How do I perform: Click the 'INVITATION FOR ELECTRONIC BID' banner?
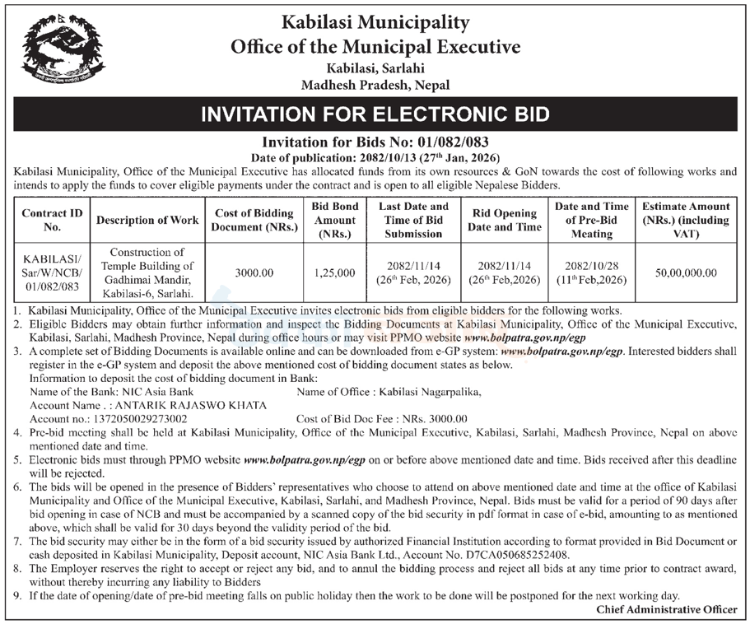(375, 114)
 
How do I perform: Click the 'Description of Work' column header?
(147, 220)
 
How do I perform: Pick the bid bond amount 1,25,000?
(335, 272)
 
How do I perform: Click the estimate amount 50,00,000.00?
(686, 272)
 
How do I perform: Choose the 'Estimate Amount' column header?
(686, 220)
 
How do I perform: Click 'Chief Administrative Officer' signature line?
(668, 609)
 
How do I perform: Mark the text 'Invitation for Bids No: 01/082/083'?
(375, 142)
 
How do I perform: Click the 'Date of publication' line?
(375, 156)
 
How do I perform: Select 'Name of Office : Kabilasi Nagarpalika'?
(388, 392)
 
